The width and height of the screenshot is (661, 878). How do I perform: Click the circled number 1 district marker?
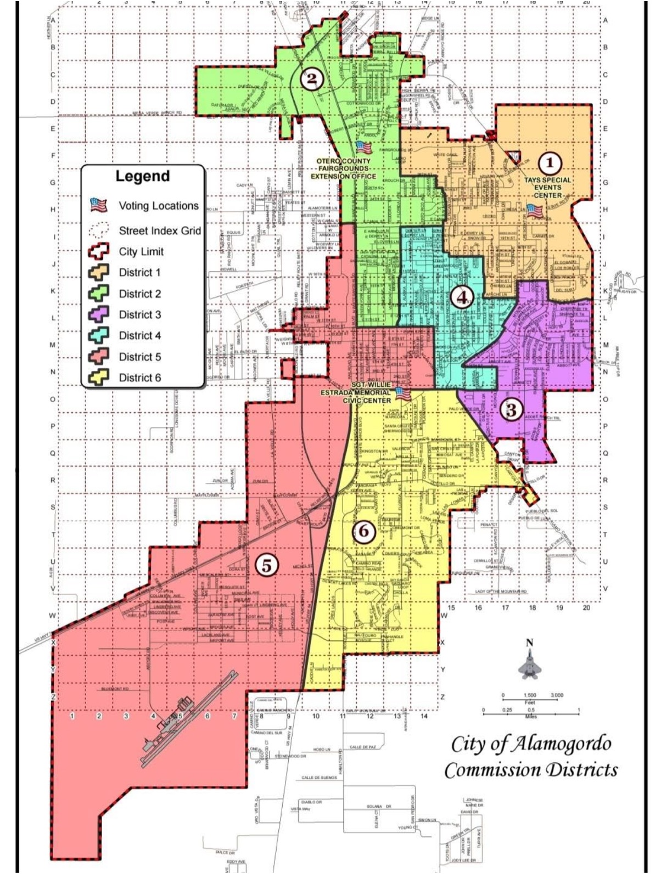pyautogui.click(x=550, y=162)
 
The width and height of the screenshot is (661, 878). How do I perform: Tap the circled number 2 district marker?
pyautogui.click(x=311, y=80)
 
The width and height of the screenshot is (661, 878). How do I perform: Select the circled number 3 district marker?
pyautogui.click(x=511, y=409)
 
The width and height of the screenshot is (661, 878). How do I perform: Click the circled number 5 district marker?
pyautogui.click(x=266, y=565)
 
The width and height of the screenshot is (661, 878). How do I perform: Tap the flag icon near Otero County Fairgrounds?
pyautogui.click(x=362, y=147)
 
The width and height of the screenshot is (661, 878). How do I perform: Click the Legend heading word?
pyautogui.click(x=142, y=176)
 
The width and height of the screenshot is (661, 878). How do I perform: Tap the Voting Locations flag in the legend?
pyautogui.click(x=99, y=206)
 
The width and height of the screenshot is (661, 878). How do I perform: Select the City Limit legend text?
pyautogui.click(x=141, y=252)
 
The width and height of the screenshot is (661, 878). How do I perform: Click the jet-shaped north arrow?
pyautogui.click(x=529, y=663)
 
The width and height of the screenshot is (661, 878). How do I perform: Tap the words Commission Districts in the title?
pyautogui.click(x=530, y=770)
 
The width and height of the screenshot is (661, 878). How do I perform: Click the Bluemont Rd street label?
pyautogui.click(x=115, y=689)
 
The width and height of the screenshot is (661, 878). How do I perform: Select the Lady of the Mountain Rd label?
pyautogui.click(x=501, y=592)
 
